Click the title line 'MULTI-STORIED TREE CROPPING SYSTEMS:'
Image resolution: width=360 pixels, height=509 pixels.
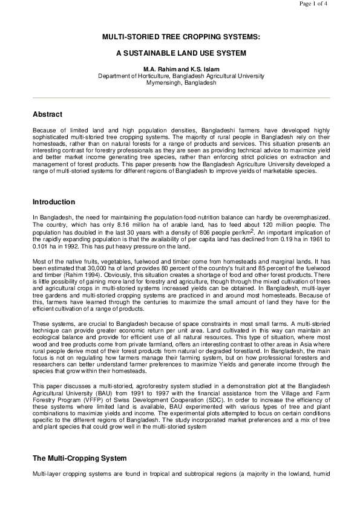(x=181, y=37)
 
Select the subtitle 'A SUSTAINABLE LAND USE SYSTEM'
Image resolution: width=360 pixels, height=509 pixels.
(x=181, y=53)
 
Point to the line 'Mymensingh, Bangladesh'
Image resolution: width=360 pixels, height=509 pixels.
(x=181, y=82)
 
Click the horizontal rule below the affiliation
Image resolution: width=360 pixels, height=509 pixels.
(x=181, y=97)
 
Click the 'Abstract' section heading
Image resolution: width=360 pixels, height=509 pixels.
(x=47, y=114)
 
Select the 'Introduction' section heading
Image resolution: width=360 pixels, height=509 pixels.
(x=54, y=201)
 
